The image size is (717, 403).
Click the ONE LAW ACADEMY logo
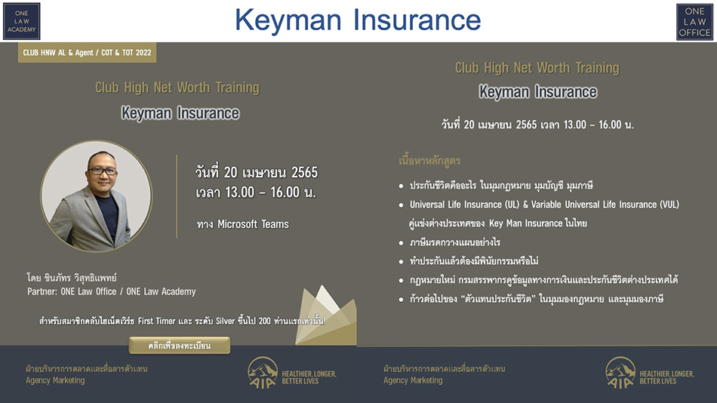click(21, 21)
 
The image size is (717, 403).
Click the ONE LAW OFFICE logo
click(694, 21)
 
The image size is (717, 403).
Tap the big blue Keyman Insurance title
click(358, 20)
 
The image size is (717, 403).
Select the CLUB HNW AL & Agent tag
click(87, 53)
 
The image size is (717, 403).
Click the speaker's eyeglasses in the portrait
click(103, 171)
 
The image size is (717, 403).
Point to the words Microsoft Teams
click(253, 224)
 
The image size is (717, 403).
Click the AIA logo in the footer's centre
click(263, 373)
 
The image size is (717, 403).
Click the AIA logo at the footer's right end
click(620, 373)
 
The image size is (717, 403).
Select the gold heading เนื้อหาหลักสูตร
click(429, 161)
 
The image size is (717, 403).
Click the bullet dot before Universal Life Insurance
click(401, 205)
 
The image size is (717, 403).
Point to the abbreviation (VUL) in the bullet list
click(669, 205)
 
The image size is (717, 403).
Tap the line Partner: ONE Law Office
click(112, 291)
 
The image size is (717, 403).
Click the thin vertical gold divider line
click(177, 196)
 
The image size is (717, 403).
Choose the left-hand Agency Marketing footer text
click(55, 380)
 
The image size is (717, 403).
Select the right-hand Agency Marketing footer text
click(413, 380)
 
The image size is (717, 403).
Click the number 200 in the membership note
click(264, 321)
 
